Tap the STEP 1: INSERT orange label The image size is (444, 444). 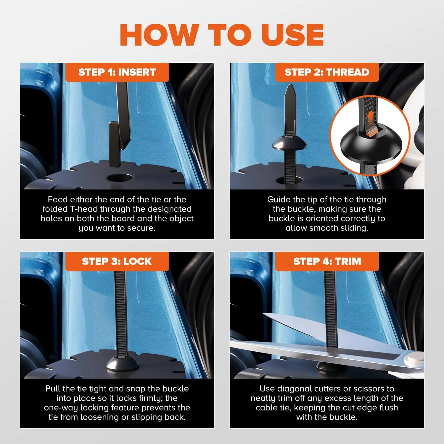click(x=117, y=72)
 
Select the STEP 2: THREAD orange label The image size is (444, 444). click(x=327, y=72)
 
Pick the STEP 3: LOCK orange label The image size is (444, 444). click(x=117, y=261)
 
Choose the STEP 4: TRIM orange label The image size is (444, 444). click(x=327, y=261)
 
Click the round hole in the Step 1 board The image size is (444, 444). click(x=120, y=178)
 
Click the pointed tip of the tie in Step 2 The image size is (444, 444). click(x=289, y=89)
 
